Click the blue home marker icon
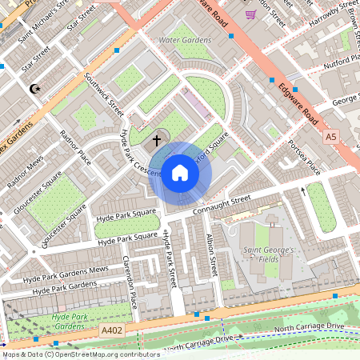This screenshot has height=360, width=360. pos(180,172)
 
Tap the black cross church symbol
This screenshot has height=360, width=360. pos(157,140)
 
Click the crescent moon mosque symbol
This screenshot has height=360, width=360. pos(34,89)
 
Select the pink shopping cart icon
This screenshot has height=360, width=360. pos(251,14)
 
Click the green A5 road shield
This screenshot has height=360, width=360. pos(330,138)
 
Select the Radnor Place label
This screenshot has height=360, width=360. pos(73,151)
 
